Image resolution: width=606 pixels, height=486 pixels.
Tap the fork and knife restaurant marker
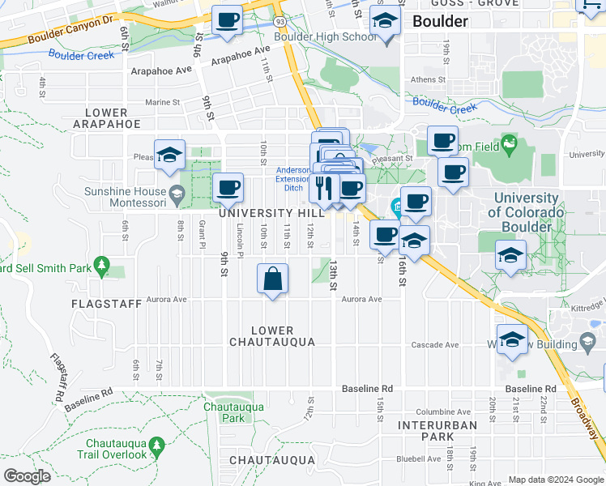click(324, 189)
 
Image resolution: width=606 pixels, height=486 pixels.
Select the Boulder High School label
click(325, 36)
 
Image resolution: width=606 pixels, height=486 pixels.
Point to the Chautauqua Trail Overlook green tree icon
click(157, 444)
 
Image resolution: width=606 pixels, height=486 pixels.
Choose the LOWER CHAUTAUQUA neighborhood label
click(283, 336)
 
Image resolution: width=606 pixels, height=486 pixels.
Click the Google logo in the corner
click(27, 476)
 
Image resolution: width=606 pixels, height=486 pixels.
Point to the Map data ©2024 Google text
click(555, 480)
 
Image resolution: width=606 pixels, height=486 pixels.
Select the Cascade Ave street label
click(435, 344)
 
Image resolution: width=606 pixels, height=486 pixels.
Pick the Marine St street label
click(163, 103)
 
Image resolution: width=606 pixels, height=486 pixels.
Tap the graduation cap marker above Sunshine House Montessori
click(170, 155)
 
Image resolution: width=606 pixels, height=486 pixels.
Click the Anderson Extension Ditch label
click(292, 177)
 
